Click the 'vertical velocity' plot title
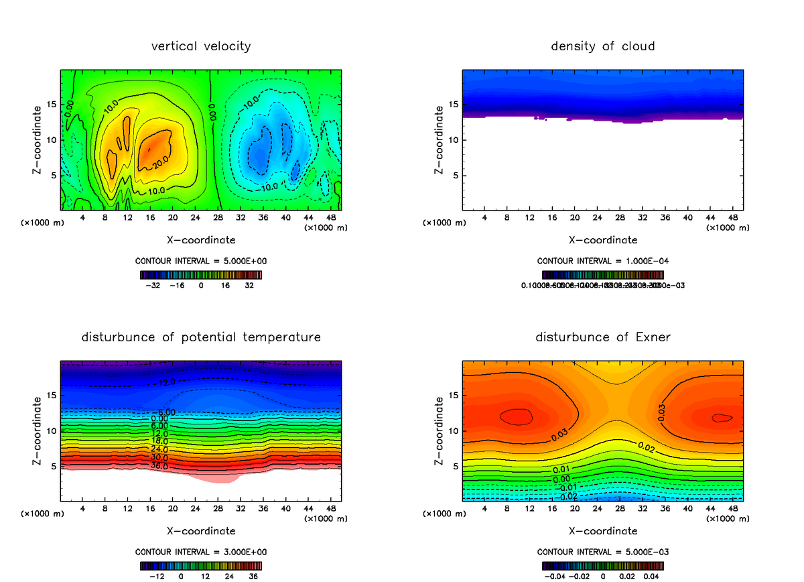pyautogui.click(x=201, y=46)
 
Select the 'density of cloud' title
pyautogui.click(x=602, y=46)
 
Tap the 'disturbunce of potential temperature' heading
pyautogui.click(x=201, y=337)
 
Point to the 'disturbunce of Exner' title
pyautogui.click(x=602, y=337)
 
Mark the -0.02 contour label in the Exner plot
pyautogui.click(x=568, y=496)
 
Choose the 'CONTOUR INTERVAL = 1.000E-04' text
pyautogui.click(x=602, y=261)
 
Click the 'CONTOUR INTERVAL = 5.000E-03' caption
pyautogui.click(x=602, y=552)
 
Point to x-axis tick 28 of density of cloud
pyautogui.click(x=620, y=218)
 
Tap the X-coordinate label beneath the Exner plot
pyautogui.click(x=602, y=531)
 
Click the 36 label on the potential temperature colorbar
pyautogui.click(x=253, y=575)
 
